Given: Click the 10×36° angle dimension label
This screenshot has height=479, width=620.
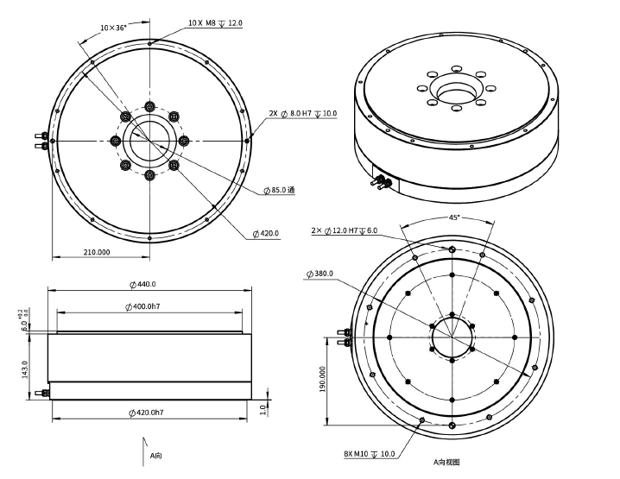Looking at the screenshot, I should (x=113, y=28).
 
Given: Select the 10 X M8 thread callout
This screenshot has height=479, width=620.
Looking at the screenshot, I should (x=215, y=22).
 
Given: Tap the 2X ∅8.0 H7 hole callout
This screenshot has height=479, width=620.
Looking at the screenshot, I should (x=302, y=113).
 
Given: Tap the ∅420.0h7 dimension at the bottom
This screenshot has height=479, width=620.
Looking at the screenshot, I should (x=147, y=413).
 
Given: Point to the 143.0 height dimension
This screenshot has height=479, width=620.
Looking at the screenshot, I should (x=25, y=369).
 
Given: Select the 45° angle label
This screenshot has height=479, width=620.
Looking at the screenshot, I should (x=453, y=217).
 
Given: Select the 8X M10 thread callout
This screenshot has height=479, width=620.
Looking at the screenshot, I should (x=369, y=454).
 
